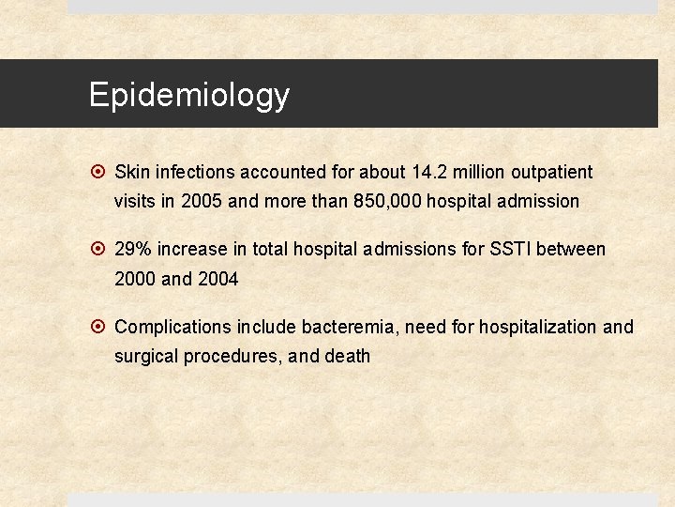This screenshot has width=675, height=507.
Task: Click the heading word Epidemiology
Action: pos(189,95)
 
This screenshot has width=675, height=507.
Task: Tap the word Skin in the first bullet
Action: pos(131,172)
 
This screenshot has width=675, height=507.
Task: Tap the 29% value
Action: pos(133,249)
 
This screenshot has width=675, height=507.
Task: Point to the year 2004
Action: pos(217,279)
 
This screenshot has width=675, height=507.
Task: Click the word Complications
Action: pos(172,327)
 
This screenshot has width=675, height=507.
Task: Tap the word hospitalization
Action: pos(538,327)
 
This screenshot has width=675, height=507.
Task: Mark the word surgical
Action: pos(145,357)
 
